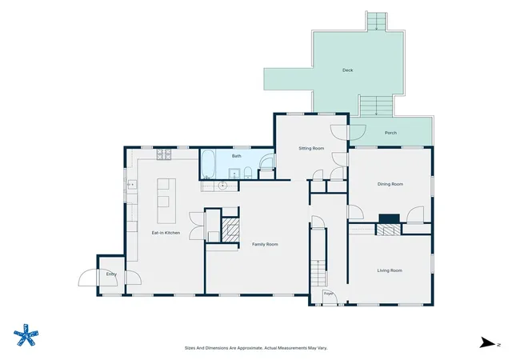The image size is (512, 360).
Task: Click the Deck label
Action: click(347, 70)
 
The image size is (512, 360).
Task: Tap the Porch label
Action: click(390, 133)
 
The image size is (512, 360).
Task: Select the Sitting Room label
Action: click(311, 148)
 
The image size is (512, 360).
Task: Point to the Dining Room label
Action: click(390, 184)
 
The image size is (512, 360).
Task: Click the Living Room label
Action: click(390, 270)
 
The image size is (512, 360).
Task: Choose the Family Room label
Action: click(265, 244)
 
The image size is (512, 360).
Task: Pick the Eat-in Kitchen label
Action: click(166, 233)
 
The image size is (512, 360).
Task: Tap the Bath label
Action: click(237, 156)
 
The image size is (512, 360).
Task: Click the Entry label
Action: click(111, 274)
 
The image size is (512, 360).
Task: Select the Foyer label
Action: click(329, 294)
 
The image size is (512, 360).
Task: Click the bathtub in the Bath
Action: click(208, 164)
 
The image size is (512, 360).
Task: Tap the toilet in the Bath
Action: click(248, 173)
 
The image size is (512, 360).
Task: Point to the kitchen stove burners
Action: click(163, 154)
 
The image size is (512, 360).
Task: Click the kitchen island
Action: click(166, 201)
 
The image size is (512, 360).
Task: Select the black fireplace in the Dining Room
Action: click(389, 219)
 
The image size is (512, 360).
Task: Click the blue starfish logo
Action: click(26, 335)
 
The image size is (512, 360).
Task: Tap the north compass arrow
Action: click(487, 342)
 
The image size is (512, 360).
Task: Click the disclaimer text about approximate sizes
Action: click(256, 348)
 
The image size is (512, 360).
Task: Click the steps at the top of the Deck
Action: click(377, 22)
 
